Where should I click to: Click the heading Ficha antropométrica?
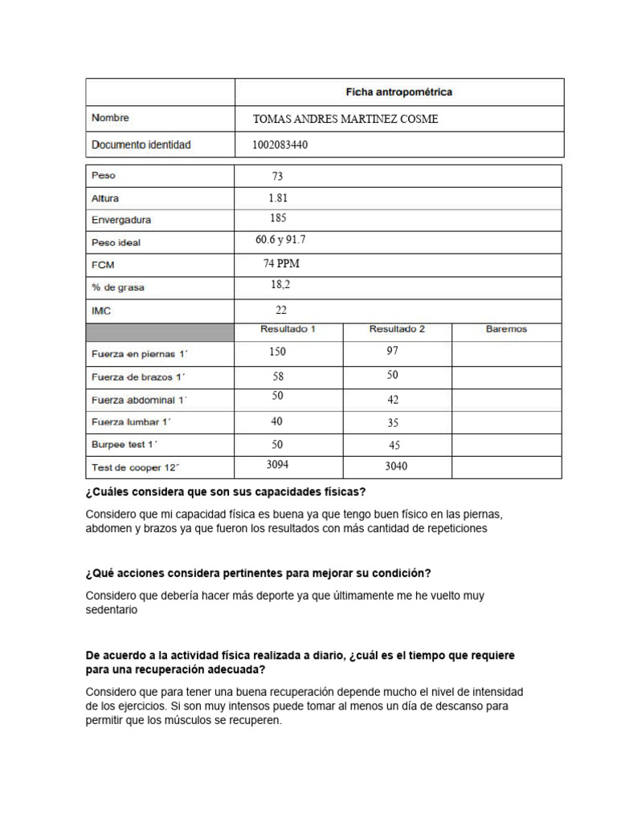point(398,92)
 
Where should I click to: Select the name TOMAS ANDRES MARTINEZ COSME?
point(345,120)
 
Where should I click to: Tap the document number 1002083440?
point(280,145)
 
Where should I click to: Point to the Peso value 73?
point(277,177)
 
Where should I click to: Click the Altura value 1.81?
point(278,197)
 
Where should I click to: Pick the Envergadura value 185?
point(278,218)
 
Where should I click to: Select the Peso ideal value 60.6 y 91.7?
point(280,240)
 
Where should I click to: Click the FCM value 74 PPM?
point(281,263)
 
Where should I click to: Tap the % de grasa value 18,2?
point(280,285)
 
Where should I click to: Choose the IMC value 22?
point(280,310)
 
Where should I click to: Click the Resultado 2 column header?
point(397,329)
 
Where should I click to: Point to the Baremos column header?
point(506,329)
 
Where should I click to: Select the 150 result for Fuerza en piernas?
point(277,352)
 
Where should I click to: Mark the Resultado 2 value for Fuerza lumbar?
point(393,423)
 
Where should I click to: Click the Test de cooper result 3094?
point(277,465)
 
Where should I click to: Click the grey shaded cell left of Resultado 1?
point(160,332)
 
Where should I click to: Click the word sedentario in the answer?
point(112,610)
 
